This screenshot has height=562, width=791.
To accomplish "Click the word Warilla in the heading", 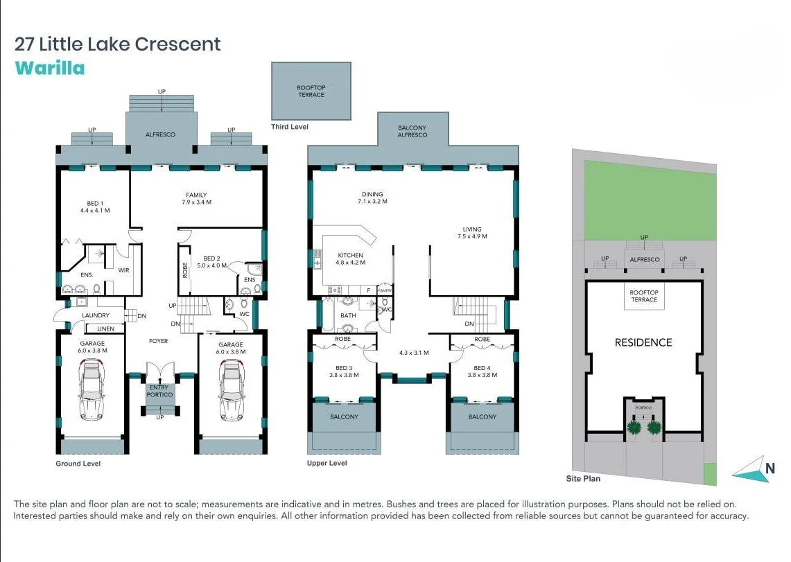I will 49,68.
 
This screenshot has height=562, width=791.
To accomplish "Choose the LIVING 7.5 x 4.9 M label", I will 471,233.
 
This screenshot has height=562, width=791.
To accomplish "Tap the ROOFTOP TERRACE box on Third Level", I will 311,91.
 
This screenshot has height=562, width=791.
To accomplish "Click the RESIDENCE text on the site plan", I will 643,342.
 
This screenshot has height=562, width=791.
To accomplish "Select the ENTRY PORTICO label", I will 160,391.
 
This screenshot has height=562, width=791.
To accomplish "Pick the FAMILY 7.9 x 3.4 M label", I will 195,198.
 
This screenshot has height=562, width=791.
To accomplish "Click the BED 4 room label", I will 482,371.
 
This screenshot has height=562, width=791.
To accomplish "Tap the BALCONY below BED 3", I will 344,416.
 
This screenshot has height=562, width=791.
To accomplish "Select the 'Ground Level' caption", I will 78,464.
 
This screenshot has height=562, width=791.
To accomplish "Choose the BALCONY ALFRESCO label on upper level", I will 412,131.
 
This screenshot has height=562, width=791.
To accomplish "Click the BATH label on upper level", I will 348,315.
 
